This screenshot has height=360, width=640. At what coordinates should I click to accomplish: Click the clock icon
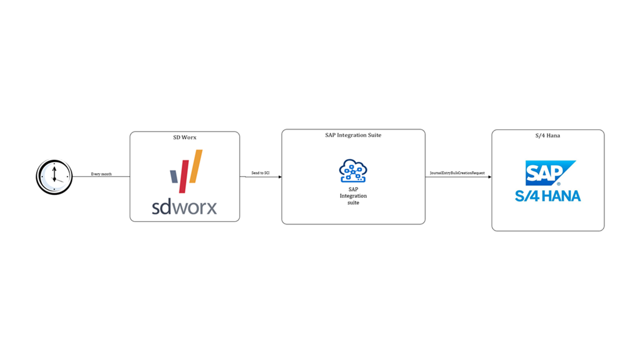pyautogui.click(x=54, y=176)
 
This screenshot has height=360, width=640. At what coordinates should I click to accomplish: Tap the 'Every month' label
pyautogui.click(x=101, y=174)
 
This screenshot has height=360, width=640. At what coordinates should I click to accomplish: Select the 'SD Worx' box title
pyautogui.click(x=184, y=137)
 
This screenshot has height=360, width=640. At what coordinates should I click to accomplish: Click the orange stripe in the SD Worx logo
pyautogui.click(x=196, y=166)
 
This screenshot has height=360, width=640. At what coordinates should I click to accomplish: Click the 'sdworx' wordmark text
pyautogui.click(x=184, y=206)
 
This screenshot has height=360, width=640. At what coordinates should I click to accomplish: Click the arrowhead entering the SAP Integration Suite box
pyautogui.click(x=279, y=176)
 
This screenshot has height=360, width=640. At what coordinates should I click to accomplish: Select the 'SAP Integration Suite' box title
pyautogui.click(x=353, y=135)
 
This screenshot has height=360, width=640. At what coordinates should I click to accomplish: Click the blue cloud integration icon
pyautogui.click(x=353, y=170)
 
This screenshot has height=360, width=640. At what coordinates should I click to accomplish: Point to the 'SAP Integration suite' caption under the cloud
pyautogui.click(x=353, y=195)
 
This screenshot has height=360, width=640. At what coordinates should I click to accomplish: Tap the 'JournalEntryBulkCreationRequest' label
pyautogui.click(x=457, y=173)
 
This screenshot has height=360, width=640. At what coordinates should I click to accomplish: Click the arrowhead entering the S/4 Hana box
pyautogui.click(x=489, y=176)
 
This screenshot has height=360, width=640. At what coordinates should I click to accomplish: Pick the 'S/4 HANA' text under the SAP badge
pyautogui.click(x=548, y=195)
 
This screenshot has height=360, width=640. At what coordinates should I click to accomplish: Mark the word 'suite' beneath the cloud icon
pyautogui.click(x=353, y=202)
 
